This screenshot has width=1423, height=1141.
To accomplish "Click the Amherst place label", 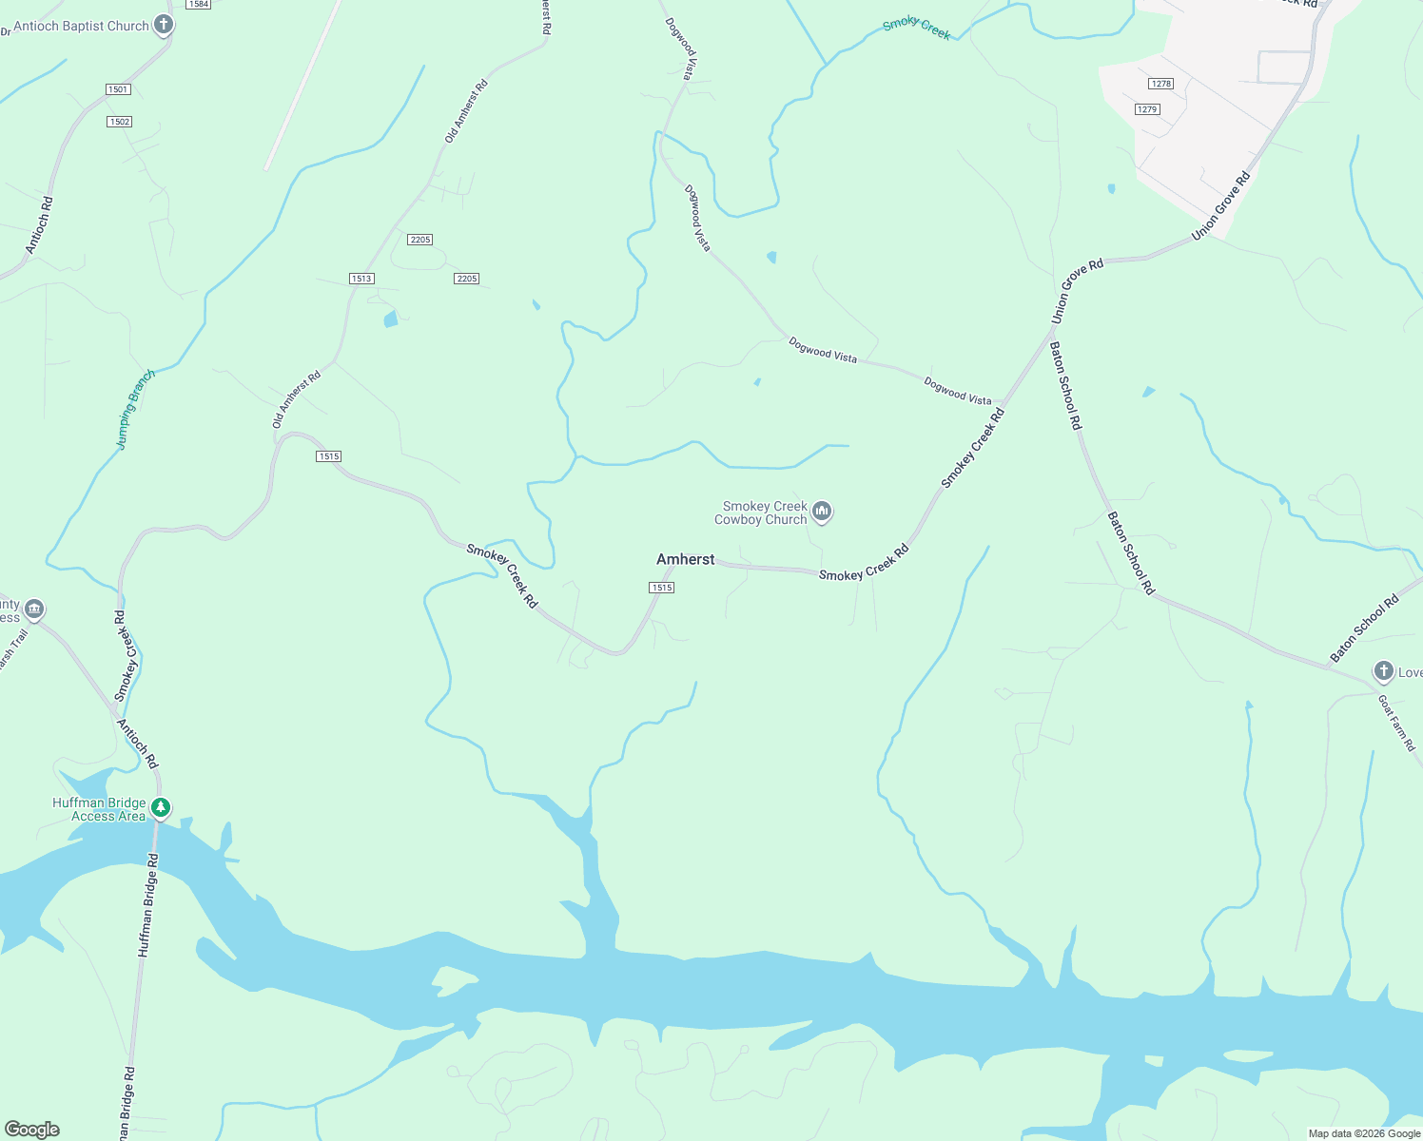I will point(685,559).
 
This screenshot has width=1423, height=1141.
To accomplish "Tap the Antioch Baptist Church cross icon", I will point(164,26).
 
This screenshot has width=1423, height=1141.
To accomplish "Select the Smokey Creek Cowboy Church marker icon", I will point(823,512).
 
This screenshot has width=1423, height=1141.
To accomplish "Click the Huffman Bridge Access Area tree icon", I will point(162,808).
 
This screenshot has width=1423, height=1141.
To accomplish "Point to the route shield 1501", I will point(118,89).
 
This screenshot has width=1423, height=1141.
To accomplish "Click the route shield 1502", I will point(120,122).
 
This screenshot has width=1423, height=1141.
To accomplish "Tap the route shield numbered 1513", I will point(361,279).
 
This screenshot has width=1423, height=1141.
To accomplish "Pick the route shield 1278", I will point(1160,84).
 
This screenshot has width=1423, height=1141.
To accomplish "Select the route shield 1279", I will point(1147,109).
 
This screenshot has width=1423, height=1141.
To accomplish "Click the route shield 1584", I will point(198,5).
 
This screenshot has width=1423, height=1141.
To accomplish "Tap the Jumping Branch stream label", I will point(134,409).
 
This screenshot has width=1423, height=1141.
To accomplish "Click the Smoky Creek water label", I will point(916,29).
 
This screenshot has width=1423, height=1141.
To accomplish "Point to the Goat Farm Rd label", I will point(1396,723).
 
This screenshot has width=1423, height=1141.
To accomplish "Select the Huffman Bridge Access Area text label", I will point(99,809).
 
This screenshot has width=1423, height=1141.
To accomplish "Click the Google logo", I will point(31,1130).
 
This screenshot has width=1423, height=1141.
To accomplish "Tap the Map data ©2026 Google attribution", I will point(1363,1133).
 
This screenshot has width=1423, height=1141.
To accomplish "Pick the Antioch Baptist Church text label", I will point(81,27).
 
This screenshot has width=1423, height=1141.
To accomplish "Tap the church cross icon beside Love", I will point(1383,672).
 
